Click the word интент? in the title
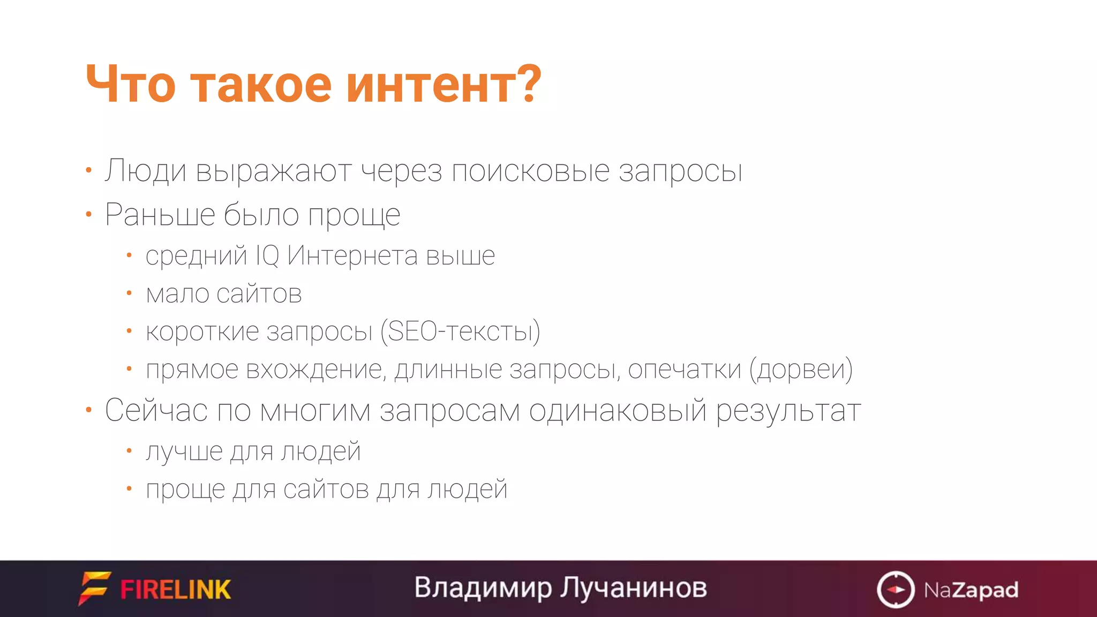[444, 85]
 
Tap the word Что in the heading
[130, 85]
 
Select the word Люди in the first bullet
[145, 171]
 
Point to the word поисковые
[530, 171]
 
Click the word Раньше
[159, 215]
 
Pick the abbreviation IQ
[267, 255]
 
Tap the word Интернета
[352, 255]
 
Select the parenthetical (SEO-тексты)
[460, 332]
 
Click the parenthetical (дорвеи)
[801, 370]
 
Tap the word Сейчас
[156, 411]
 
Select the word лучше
[183, 452]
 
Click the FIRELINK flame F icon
[95, 588]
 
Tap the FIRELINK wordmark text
[176, 590]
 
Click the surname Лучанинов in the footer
[634, 588]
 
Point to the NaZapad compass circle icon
[895, 590]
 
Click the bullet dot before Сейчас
[89, 410]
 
